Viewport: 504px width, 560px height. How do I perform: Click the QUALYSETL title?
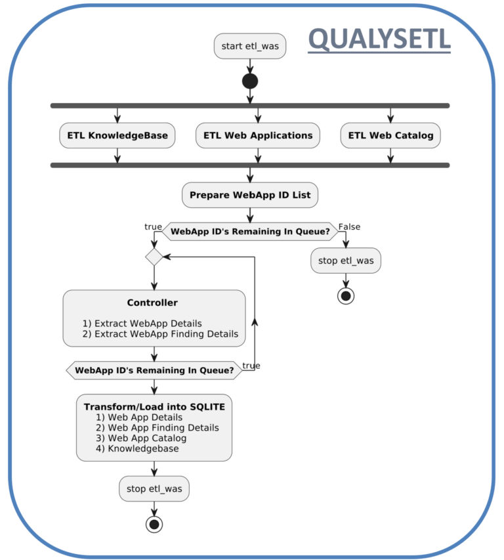click(379, 39)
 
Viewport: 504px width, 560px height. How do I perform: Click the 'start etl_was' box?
click(249, 46)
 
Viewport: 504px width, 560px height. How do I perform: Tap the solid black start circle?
click(249, 81)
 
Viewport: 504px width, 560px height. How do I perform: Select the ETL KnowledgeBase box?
click(117, 135)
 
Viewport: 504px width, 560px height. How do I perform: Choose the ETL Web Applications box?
click(258, 135)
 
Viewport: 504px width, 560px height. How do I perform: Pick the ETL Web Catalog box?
click(390, 135)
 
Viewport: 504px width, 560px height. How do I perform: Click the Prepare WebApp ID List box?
click(249, 195)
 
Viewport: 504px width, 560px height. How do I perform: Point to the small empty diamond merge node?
click(154, 257)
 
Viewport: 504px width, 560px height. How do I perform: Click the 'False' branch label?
click(349, 227)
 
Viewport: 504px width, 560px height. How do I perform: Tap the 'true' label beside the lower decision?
click(251, 365)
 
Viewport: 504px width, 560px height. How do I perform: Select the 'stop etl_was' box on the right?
click(346, 261)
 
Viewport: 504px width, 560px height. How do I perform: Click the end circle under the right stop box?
click(346, 295)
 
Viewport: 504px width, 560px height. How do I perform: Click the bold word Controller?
click(152, 303)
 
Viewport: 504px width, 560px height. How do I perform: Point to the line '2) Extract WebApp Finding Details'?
click(160, 334)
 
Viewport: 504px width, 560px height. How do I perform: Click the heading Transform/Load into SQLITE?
click(154, 407)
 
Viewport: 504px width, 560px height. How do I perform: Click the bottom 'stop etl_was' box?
click(154, 489)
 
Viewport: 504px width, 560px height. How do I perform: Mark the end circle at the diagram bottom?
click(154, 524)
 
